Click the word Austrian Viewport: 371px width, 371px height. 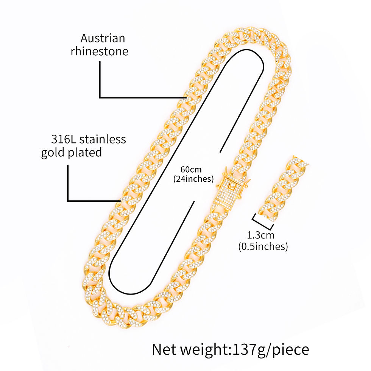(103, 38)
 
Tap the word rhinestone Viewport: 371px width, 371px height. (99, 51)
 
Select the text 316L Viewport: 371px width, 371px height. (64, 139)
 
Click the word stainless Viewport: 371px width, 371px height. (103, 139)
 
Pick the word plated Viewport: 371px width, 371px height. (85, 153)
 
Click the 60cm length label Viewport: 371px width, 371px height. (191, 170)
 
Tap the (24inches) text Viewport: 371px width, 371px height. (193, 179)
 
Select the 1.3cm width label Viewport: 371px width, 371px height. (260, 235)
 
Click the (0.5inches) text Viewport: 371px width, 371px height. (263, 246)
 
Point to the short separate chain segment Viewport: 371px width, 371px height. (283, 189)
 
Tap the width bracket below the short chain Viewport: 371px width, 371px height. (263, 222)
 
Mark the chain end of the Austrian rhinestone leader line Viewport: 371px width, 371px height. (186, 97)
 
